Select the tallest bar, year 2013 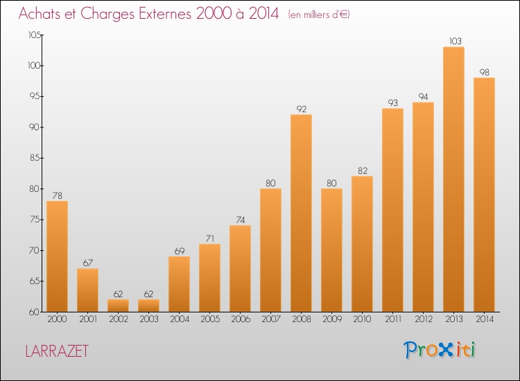[453, 179]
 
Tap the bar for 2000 [57, 256]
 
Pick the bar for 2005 [209, 278]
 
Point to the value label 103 [453, 42]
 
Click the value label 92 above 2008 [301, 109]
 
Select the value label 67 [87, 263]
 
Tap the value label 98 [484, 72]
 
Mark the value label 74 [240, 220]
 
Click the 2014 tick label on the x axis [484, 319]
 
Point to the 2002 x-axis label [118, 319]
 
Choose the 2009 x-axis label [331, 319]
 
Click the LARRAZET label [57, 351]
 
